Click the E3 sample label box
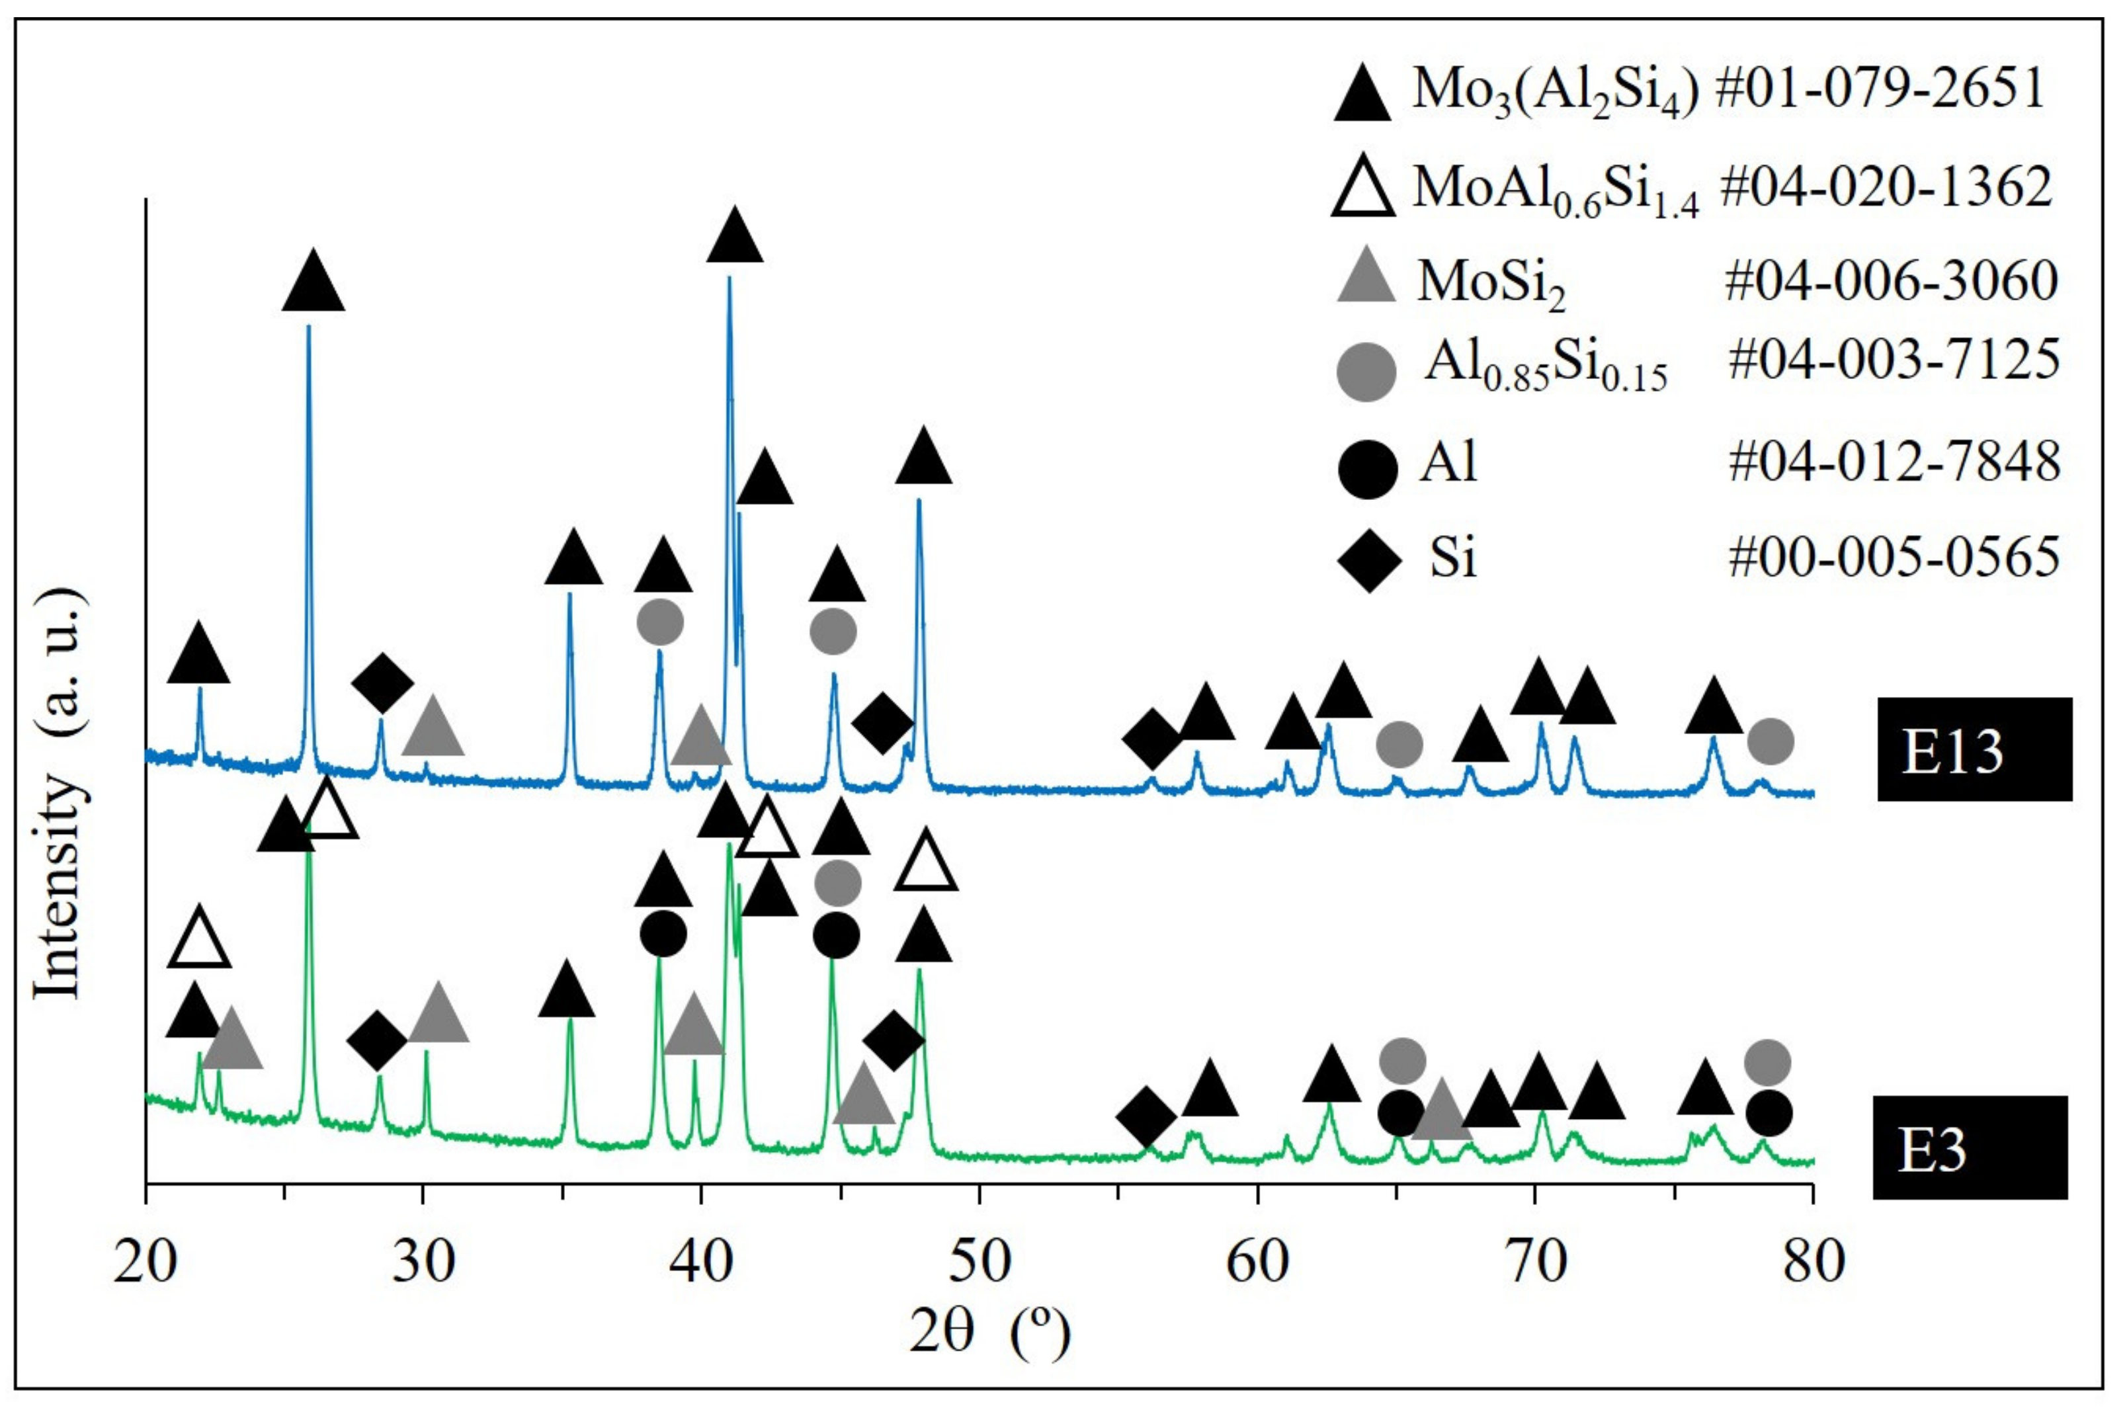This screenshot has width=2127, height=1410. tap(1969, 1147)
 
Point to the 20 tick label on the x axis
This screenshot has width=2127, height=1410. tap(145, 1263)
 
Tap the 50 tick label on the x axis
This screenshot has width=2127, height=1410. tap(978, 1263)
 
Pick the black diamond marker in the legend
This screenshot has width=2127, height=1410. tap(1368, 560)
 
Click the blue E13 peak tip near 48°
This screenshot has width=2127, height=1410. tap(918, 500)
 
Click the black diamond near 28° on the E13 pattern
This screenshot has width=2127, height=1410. tap(382, 683)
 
